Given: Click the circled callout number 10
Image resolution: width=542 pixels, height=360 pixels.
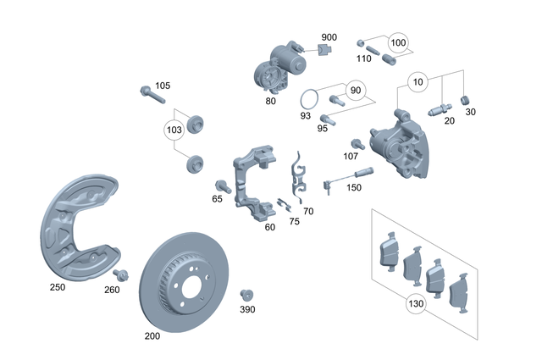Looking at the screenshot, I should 418,82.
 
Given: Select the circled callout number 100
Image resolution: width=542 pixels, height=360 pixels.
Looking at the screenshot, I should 398,42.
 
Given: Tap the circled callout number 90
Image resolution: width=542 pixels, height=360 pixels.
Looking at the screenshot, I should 355,90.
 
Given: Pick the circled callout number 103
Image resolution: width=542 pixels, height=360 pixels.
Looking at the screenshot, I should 174,130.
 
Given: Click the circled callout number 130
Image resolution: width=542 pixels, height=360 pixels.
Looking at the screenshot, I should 415,303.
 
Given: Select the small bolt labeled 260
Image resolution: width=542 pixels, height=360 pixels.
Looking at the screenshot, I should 120,274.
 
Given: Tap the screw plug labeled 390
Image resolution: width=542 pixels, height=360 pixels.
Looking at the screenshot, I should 247,294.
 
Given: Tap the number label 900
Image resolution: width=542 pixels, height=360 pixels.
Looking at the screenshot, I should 329,38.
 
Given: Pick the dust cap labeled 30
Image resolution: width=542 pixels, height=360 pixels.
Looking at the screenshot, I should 464,102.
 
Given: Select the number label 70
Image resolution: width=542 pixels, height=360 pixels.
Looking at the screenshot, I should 307,211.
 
